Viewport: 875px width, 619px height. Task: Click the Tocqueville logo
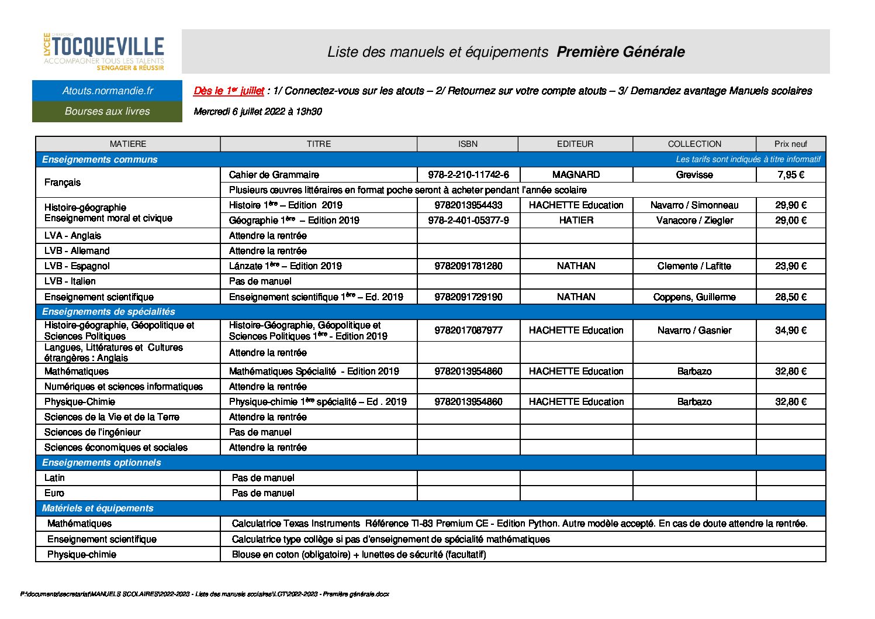pyautogui.click(x=104, y=51)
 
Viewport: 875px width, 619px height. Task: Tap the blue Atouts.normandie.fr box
pyautogui.click(x=108, y=91)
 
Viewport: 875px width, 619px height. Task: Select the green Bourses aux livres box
pyautogui.click(x=108, y=111)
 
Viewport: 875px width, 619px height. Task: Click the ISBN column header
pyautogui.click(x=468, y=144)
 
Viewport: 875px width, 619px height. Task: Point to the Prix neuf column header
pyautogui.click(x=790, y=144)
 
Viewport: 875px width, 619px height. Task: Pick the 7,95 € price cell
pyautogui.click(x=790, y=175)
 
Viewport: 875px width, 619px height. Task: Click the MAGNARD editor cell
pyautogui.click(x=576, y=175)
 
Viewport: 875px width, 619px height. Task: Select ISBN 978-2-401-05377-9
pyautogui.click(x=468, y=221)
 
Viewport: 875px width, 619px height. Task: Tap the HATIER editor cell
pyautogui.click(x=576, y=221)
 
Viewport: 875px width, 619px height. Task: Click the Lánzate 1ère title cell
pyautogui.click(x=285, y=266)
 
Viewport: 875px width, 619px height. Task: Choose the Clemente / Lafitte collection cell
pyautogui.click(x=694, y=266)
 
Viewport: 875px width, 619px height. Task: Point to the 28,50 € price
pyautogui.click(x=790, y=297)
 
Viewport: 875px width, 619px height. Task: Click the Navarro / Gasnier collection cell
pyautogui.click(x=694, y=331)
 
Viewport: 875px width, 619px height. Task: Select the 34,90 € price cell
pyautogui.click(x=790, y=331)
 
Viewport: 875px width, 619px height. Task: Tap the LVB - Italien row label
pyautogui.click(x=70, y=281)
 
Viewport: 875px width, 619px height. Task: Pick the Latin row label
pyautogui.click(x=54, y=478)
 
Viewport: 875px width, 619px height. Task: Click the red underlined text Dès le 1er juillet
pyautogui.click(x=229, y=91)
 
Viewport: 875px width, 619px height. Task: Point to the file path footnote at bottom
pyautogui.click(x=205, y=594)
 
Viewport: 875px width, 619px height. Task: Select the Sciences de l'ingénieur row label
pyautogui.click(x=92, y=432)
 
